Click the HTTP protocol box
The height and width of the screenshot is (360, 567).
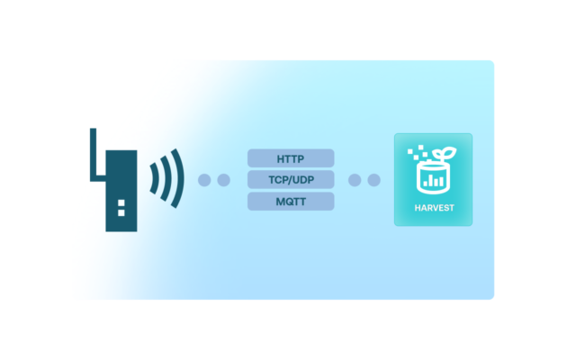coord(291,158)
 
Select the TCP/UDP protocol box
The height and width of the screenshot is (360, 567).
coord(291,179)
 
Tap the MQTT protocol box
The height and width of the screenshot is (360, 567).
coord(291,201)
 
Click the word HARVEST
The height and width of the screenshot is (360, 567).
coord(433,209)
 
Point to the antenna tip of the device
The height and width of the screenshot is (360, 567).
coord(93,131)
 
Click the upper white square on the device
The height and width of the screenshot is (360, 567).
coord(121,202)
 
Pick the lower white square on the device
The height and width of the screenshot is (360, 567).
coord(121,213)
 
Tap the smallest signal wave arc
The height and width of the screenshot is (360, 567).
coord(153,180)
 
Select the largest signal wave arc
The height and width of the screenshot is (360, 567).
coord(178,180)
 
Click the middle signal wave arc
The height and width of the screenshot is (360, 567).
coord(166,180)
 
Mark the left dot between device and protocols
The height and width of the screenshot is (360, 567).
coord(204,180)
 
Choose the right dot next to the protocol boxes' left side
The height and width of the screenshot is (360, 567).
coord(223,180)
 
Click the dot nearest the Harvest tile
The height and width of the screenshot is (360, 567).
coord(373,180)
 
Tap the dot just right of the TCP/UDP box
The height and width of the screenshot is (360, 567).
coord(355,180)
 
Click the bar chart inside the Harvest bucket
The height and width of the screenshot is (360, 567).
coord(434,180)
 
